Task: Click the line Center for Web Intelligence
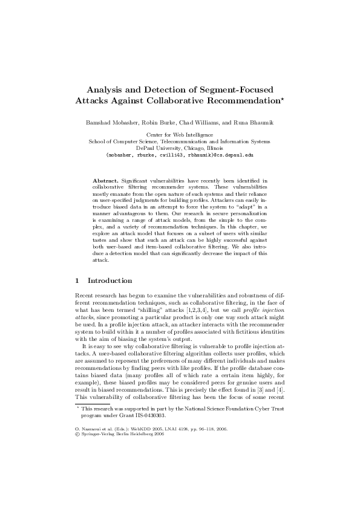[x=180, y=135]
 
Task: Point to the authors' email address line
[x=180, y=155]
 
